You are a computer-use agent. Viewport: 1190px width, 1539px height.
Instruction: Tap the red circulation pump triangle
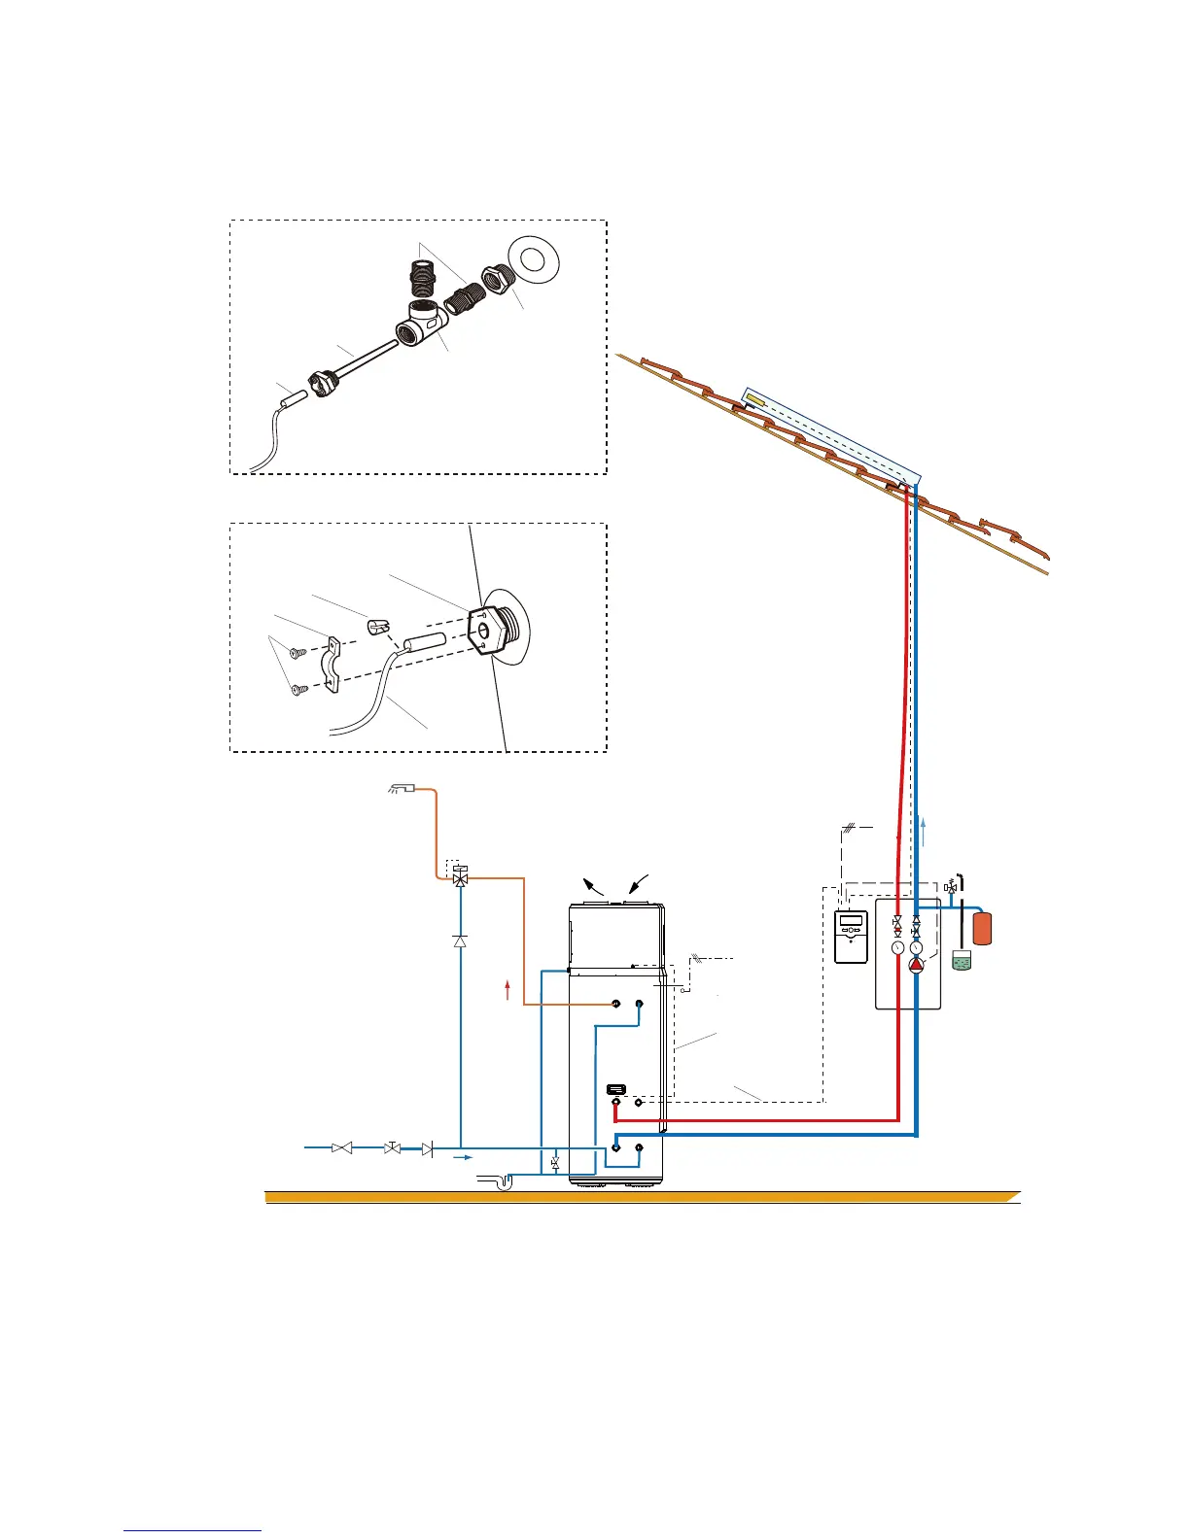click(x=916, y=965)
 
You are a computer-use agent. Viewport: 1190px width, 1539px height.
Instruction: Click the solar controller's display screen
click(x=852, y=920)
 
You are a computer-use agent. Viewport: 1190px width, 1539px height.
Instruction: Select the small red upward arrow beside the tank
click(x=507, y=989)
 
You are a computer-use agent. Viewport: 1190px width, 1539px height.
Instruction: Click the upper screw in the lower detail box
click(x=298, y=653)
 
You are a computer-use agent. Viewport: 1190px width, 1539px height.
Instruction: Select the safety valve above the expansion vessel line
click(x=951, y=886)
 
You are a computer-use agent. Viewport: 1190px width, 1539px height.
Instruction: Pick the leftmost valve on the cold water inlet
click(x=341, y=1148)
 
